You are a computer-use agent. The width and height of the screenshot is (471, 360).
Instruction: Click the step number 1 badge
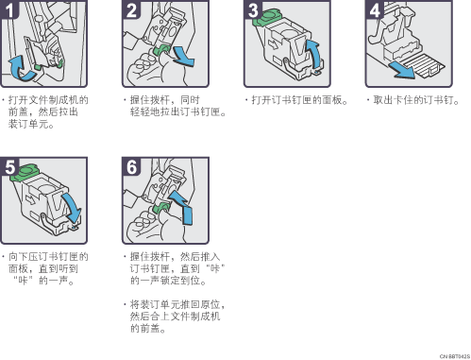pos(8,9)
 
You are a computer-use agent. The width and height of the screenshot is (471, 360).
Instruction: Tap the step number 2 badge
pos(131,9)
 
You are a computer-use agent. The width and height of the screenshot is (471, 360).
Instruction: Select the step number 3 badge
pos(253,9)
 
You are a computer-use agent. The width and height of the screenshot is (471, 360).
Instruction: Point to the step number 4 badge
pos(375,9)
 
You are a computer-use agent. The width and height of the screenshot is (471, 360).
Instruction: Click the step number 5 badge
pos(9,166)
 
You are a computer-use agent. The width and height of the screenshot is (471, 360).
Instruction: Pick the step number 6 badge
pos(131,166)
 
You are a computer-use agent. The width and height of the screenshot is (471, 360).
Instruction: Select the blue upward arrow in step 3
pos(315,54)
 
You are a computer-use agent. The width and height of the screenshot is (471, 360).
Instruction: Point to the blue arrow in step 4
pos(402,70)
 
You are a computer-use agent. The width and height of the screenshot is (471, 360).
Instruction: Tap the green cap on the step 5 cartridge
pos(25,173)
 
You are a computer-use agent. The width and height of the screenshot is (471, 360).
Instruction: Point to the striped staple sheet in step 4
pos(424,65)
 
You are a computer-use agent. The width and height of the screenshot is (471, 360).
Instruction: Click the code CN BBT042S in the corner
pos(455,356)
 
